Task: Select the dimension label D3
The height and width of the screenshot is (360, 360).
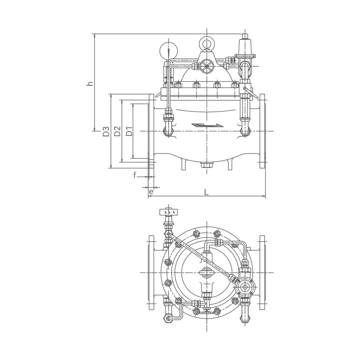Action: click(106, 131)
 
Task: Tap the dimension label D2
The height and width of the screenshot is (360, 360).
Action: click(117, 131)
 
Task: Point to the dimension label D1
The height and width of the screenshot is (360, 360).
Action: click(130, 131)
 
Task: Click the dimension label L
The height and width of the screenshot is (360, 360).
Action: click(206, 192)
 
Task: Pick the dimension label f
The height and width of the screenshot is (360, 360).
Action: click(135, 175)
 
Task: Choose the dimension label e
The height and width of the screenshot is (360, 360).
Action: click(151, 192)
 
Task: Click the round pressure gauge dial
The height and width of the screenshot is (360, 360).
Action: click(169, 51)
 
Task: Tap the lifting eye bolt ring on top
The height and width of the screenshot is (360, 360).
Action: click(206, 43)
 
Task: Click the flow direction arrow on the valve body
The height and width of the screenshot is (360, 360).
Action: click(207, 125)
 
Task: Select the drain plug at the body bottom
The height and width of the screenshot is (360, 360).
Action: click(207, 165)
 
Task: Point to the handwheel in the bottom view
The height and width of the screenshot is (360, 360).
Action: click(169, 211)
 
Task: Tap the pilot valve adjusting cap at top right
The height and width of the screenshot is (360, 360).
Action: click(245, 36)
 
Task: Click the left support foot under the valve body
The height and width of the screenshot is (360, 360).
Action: click(184, 165)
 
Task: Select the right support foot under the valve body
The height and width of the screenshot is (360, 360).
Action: click(230, 165)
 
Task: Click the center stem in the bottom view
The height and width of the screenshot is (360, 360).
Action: click(207, 273)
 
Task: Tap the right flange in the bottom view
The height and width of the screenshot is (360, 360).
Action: click(262, 273)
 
